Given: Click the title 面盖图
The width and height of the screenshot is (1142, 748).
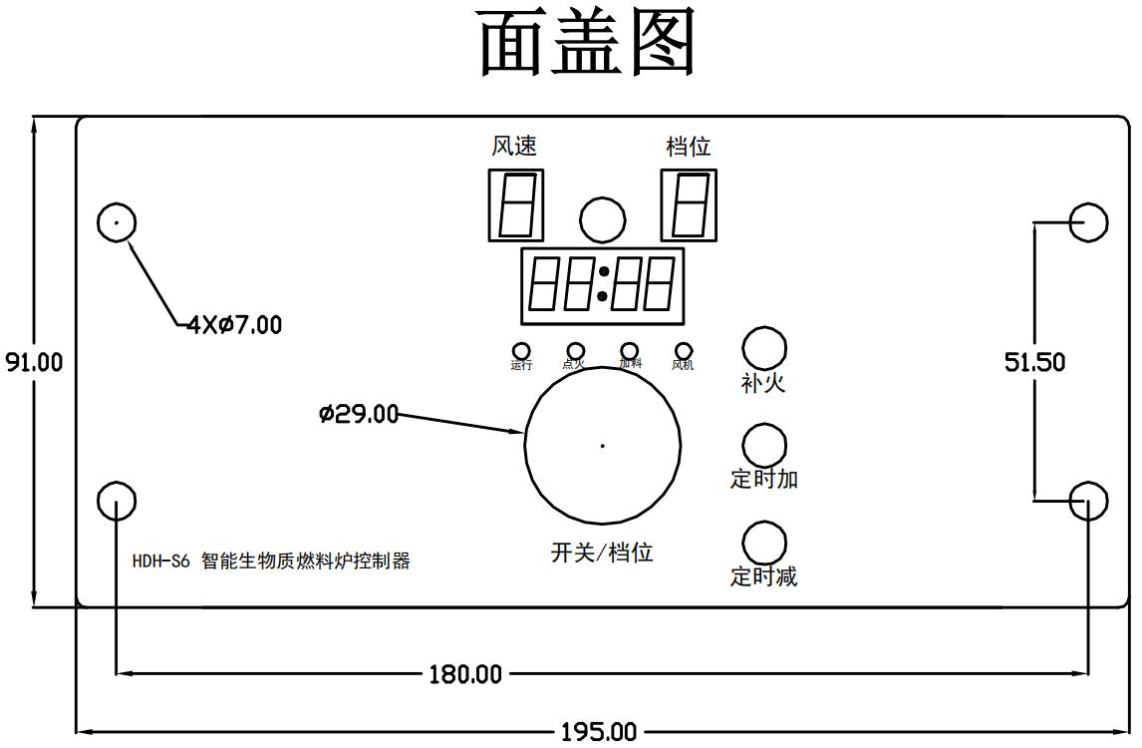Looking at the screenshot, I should coord(588,45).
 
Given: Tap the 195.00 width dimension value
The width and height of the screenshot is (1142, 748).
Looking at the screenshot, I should coord(598,732).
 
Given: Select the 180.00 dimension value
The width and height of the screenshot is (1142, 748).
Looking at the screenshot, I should coord(465,674).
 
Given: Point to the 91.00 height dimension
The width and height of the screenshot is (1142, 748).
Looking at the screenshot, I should coord(34,361).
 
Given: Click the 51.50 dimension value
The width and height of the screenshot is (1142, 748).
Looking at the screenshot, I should coord(1034,362).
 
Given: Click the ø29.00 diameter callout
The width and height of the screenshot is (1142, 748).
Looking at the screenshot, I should coord(359,413).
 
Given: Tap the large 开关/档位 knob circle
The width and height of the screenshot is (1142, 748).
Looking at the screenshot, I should coord(603,446).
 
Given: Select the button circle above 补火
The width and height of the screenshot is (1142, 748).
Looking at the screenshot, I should coord(764,347).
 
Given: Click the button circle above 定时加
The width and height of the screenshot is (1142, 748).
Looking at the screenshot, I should coord(764,445).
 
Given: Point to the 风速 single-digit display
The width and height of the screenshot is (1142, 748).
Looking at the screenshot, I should coord(516,204).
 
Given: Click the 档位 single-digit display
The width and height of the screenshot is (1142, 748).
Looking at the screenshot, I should coord(690,204).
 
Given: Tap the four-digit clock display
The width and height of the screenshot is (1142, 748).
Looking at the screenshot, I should coord(602,285).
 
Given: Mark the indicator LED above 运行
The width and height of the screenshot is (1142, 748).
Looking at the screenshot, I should coord(521,350).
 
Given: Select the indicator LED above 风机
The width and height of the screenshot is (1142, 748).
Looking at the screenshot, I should coord(684,350).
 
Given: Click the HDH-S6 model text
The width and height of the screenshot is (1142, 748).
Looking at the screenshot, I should coord(160,561).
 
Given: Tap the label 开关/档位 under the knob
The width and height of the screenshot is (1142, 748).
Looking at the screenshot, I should coord(602,552).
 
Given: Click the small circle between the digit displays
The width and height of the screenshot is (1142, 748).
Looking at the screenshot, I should coord(603,219).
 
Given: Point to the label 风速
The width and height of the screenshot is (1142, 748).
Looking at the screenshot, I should coord(514,147).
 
